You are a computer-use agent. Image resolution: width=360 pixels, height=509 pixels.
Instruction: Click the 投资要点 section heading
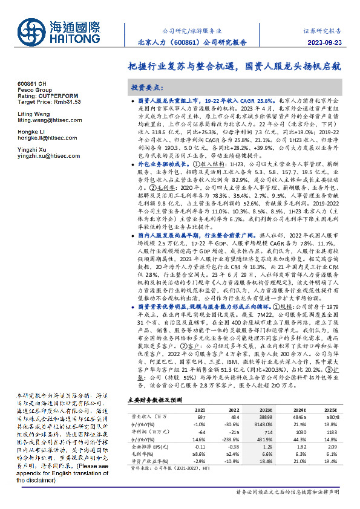click(148, 87)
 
